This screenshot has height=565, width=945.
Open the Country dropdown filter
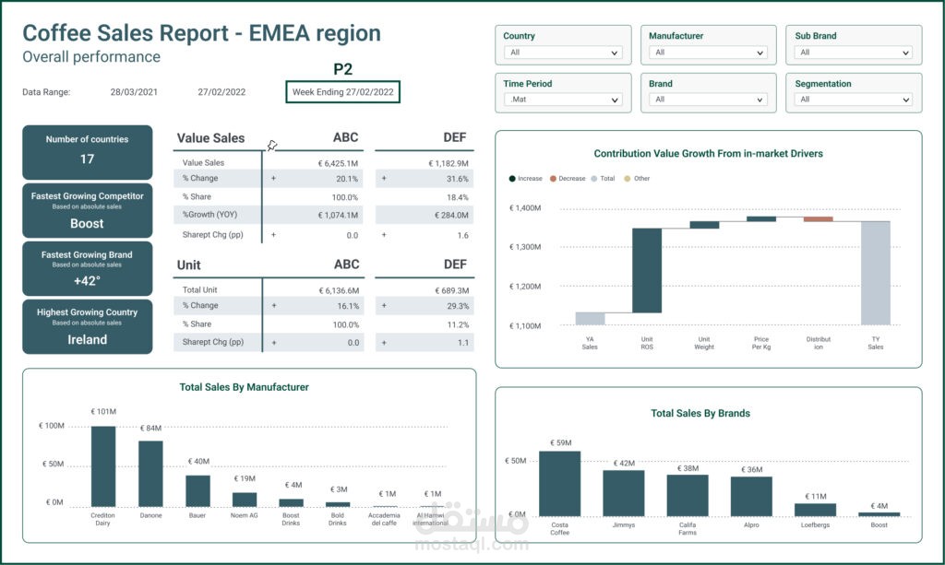(563, 53)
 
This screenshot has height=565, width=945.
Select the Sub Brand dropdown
(854, 53)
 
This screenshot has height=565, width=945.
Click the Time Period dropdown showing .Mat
(563, 100)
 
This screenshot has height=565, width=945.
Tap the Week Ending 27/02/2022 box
(343, 92)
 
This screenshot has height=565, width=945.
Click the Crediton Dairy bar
(103, 465)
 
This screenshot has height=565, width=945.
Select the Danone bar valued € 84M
(150, 473)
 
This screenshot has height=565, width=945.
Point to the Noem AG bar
(245, 499)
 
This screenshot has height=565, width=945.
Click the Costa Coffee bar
(559, 483)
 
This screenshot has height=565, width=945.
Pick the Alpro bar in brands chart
(750, 496)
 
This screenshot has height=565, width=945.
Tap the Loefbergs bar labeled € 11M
(815, 509)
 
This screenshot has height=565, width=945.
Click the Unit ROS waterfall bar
(646, 270)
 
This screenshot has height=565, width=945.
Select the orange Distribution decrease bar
(818, 219)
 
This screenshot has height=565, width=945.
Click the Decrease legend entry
(568, 179)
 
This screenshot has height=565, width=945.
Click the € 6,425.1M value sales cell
(335, 163)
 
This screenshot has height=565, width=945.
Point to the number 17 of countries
(87, 159)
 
